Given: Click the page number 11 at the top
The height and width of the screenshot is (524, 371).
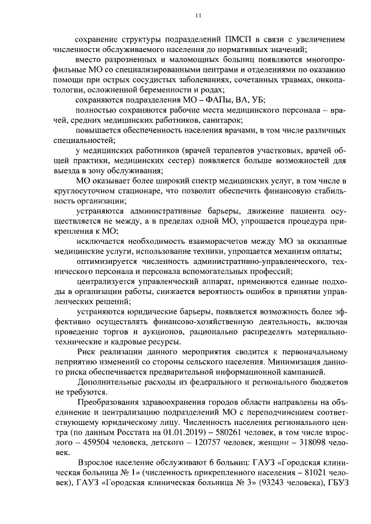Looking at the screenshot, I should click(198, 16).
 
